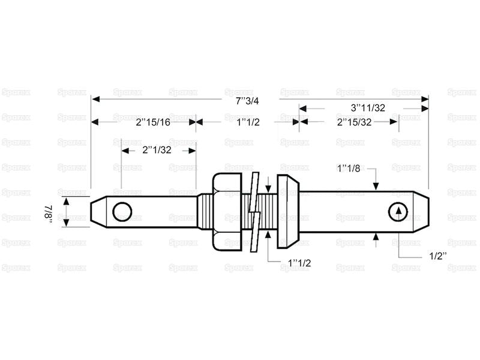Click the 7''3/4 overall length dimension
(247, 101)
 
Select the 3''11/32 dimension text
(368, 108)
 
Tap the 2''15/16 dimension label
(153, 122)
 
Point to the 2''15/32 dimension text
(354, 122)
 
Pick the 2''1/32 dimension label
(157, 150)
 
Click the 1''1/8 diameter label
(349, 168)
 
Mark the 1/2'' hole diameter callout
(438, 256)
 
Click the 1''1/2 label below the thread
(299, 263)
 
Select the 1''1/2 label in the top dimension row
(248, 122)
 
